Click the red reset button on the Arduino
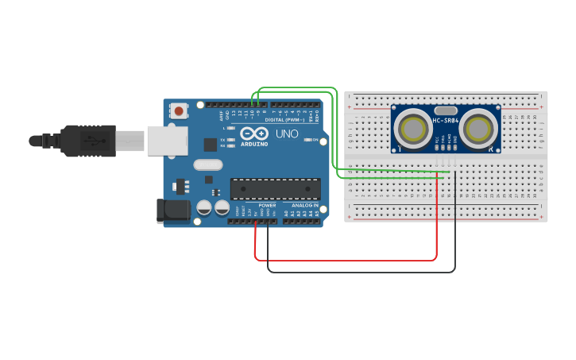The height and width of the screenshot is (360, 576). (x=180, y=111)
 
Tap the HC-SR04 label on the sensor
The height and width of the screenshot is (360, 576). (x=445, y=121)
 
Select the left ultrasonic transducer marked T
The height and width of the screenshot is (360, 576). (x=413, y=129)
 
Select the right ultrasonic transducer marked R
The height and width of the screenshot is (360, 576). (x=478, y=129)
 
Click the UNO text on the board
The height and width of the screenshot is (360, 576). (x=286, y=134)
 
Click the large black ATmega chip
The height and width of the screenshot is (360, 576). (x=275, y=188)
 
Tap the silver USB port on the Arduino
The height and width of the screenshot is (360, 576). (x=167, y=140)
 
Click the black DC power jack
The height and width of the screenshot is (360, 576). (x=173, y=210)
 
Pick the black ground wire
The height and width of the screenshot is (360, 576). (x=361, y=272)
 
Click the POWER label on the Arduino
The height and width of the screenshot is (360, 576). (x=266, y=205)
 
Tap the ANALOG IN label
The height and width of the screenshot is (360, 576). (x=305, y=205)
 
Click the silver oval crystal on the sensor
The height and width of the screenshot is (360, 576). (x=446, y=111)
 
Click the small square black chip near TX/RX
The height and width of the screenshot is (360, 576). (x=210, y=145)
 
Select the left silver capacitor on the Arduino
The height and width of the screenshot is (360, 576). (x=203, y=208)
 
